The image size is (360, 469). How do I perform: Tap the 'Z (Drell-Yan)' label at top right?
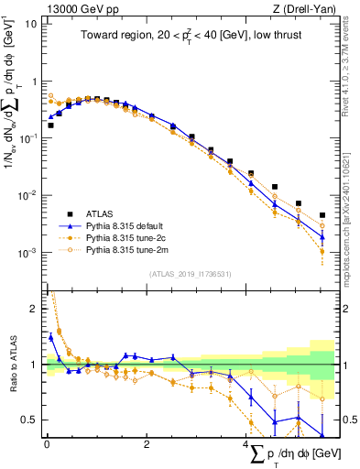coord(304,8)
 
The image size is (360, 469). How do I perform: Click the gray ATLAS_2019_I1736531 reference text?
coord(191,273)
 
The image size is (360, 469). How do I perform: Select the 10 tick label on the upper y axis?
coord(31,24)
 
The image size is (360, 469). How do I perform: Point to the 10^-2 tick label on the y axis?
coord(28,195)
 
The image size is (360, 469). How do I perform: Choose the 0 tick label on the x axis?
coord(47,443)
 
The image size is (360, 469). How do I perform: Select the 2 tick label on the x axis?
coord(147,443)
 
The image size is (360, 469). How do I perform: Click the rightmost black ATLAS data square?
coord(322,216)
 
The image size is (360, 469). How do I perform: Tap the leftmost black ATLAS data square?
coord(50,125)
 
